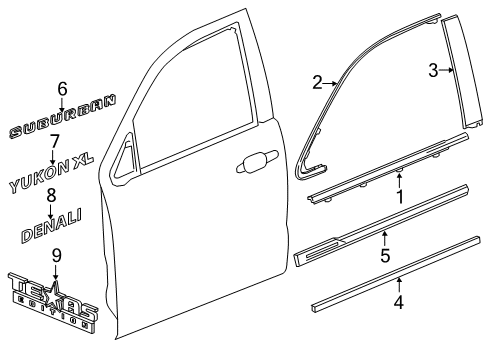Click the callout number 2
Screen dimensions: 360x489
click(316, 83)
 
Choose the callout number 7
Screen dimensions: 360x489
click(55, 141)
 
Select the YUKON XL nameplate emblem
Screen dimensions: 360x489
click(57, 173)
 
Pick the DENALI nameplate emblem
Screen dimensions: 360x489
click(52, 227)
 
